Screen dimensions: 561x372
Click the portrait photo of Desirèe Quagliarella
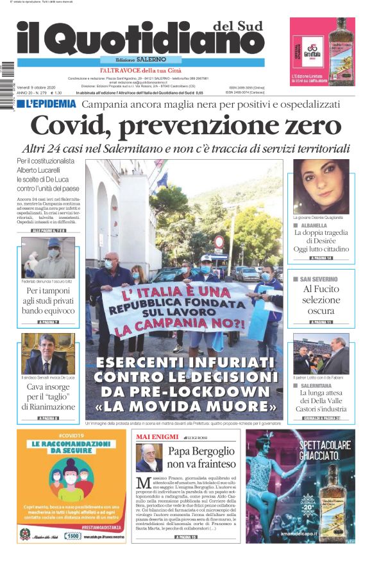[321, 187]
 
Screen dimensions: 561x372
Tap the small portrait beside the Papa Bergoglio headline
[148, 457]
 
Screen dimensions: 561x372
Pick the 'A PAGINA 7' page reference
[48, 322]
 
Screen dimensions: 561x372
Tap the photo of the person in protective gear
[47, 258]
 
